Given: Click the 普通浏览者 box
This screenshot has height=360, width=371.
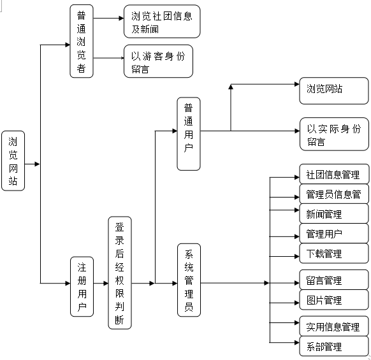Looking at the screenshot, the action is point(82,41).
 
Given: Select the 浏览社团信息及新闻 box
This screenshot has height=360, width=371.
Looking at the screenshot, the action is point(162,21).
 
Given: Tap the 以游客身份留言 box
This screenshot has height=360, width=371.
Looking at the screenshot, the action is point(158,61).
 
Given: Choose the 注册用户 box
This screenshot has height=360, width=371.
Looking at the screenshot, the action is point(82,287).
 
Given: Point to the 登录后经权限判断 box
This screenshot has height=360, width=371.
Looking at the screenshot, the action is point(120,273).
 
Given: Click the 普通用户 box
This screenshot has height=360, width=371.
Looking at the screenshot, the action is point(189,134).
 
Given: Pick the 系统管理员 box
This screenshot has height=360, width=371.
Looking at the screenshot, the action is point(189,280).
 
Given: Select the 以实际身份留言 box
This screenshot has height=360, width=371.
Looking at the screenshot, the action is point(334,134).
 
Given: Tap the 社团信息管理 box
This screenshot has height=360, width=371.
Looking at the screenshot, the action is point(334,174).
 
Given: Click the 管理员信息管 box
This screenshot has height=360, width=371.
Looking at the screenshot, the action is point(334,194).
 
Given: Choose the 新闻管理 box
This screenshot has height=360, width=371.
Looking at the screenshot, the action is point(334,213).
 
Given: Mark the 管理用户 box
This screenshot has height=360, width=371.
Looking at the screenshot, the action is point(334,233).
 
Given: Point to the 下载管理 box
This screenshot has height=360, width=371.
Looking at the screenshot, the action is point(334,254).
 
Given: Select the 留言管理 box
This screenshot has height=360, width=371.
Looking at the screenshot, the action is point(334,280).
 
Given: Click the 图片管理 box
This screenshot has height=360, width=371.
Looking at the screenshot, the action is point(334,299).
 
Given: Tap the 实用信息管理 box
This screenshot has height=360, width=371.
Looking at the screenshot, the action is point(334,326).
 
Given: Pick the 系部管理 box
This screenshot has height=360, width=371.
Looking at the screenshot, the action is point(334,346).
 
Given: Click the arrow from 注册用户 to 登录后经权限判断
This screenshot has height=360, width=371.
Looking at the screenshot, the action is point(101,283).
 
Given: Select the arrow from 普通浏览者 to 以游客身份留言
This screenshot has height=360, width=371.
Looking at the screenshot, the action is point(108,58).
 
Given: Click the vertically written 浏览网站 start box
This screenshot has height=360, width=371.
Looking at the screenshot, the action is point(13,161).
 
